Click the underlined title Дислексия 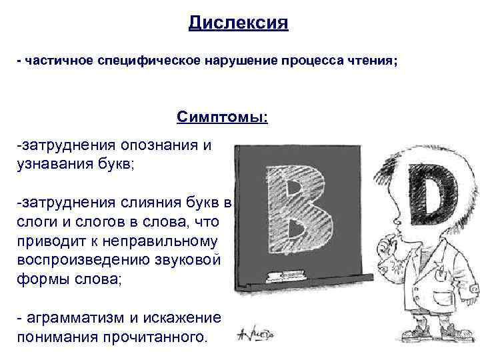(238, 24)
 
